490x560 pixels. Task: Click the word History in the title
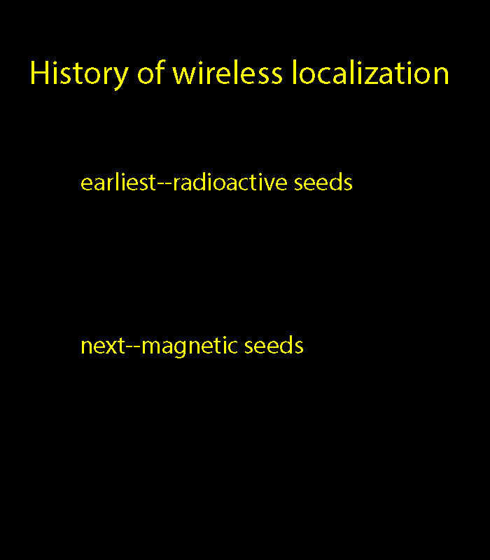(x=79, y=74)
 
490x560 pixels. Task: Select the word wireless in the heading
(x=227, y=72)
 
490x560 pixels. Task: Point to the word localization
(x=370, y=72)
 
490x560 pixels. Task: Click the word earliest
(x=118, y=182)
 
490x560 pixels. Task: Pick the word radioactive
(x=230, y=182)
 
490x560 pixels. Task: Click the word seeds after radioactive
(x=323, y=182)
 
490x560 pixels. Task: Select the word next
(x=103, y=346)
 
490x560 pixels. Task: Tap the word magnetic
(x=190, y=346)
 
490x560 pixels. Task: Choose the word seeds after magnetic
(x=274, y=345)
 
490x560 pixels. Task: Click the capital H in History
(x=39, y=72)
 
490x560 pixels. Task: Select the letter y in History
(x=121, y=78)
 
